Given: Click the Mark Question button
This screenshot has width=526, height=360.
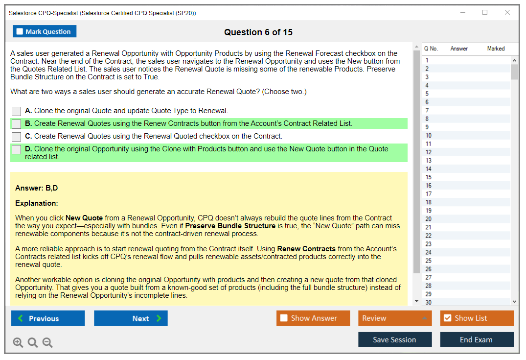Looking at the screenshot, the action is [45, 31].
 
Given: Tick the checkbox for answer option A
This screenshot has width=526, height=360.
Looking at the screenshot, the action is [17, 111].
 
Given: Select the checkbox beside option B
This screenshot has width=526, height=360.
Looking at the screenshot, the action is [17, 124].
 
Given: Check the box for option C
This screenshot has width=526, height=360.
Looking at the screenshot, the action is [17, 137].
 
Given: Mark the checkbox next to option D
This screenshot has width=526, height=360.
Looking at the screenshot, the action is [17, 149].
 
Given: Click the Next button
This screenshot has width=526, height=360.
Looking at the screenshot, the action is [131, 318].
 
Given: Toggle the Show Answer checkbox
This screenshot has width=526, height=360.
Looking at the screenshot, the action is [284, 318].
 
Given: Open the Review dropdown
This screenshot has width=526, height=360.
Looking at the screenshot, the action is [395, 318].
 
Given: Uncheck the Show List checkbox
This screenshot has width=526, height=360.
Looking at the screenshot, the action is [448, 318].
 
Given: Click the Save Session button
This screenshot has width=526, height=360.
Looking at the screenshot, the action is [395, 339].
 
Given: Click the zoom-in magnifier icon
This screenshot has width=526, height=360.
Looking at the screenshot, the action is [18, 342].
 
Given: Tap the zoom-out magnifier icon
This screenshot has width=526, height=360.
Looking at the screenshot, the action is [47, 342].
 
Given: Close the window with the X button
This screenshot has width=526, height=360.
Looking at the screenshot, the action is [507, 12].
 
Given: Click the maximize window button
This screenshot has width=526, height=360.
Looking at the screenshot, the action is [485, 12].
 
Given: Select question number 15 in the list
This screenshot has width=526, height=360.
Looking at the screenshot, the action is [428, 177].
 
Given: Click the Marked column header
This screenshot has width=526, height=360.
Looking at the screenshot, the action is [496, 48].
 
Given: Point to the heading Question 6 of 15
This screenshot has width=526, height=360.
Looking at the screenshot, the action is [258, 32].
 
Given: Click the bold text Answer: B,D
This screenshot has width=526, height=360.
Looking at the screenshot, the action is [37, 188].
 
